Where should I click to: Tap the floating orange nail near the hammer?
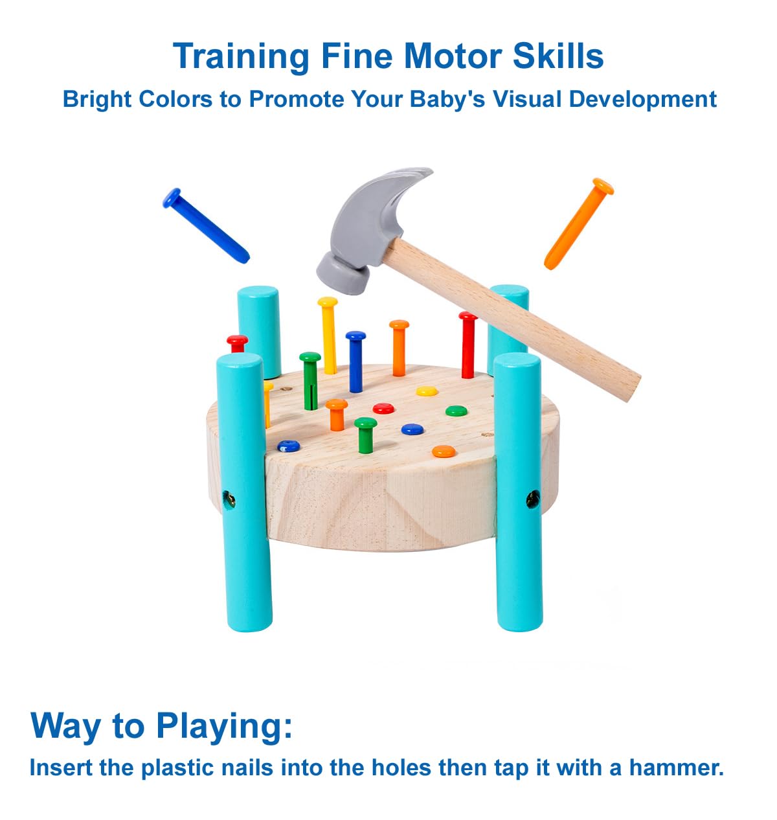coord(578,223)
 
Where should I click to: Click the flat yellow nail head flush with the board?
coord(427,391)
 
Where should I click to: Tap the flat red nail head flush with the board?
coord(383,409)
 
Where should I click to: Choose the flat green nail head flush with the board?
coord(456,411)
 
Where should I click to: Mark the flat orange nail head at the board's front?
coord(444,451)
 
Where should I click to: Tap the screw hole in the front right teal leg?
coord(532,499)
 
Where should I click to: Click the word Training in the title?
coord(242,57)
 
